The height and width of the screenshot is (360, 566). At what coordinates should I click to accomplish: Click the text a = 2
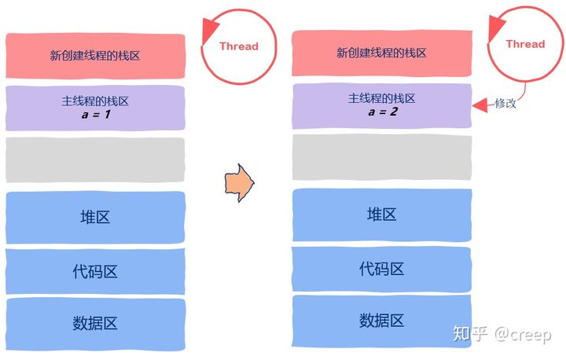382,112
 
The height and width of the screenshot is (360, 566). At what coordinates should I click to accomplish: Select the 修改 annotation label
505,103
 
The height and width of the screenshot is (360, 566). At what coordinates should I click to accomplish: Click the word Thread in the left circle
239,46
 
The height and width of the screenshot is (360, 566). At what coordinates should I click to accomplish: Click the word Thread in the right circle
525,44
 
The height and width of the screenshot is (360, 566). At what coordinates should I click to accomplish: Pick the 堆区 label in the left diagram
95,217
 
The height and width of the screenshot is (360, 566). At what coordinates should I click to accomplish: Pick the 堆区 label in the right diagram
382,215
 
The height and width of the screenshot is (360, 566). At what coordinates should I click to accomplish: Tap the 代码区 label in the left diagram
95,271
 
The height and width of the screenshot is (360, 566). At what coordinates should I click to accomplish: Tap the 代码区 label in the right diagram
382,269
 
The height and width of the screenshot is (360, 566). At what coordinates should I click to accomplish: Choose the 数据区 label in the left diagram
95,323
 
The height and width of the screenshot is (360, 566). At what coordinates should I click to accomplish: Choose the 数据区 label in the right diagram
382,320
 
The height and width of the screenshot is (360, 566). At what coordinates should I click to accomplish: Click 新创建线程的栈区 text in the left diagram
95,55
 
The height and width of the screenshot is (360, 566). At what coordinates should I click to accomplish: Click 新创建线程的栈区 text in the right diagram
382,53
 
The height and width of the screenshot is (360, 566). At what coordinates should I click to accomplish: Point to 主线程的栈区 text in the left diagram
95,101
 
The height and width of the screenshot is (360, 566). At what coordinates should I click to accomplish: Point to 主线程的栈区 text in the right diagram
382,98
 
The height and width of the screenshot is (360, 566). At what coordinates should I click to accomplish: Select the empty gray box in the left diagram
95,160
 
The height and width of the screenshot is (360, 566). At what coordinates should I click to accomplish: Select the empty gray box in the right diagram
382,157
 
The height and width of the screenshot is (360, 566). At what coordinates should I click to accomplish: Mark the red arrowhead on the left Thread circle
210,31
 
